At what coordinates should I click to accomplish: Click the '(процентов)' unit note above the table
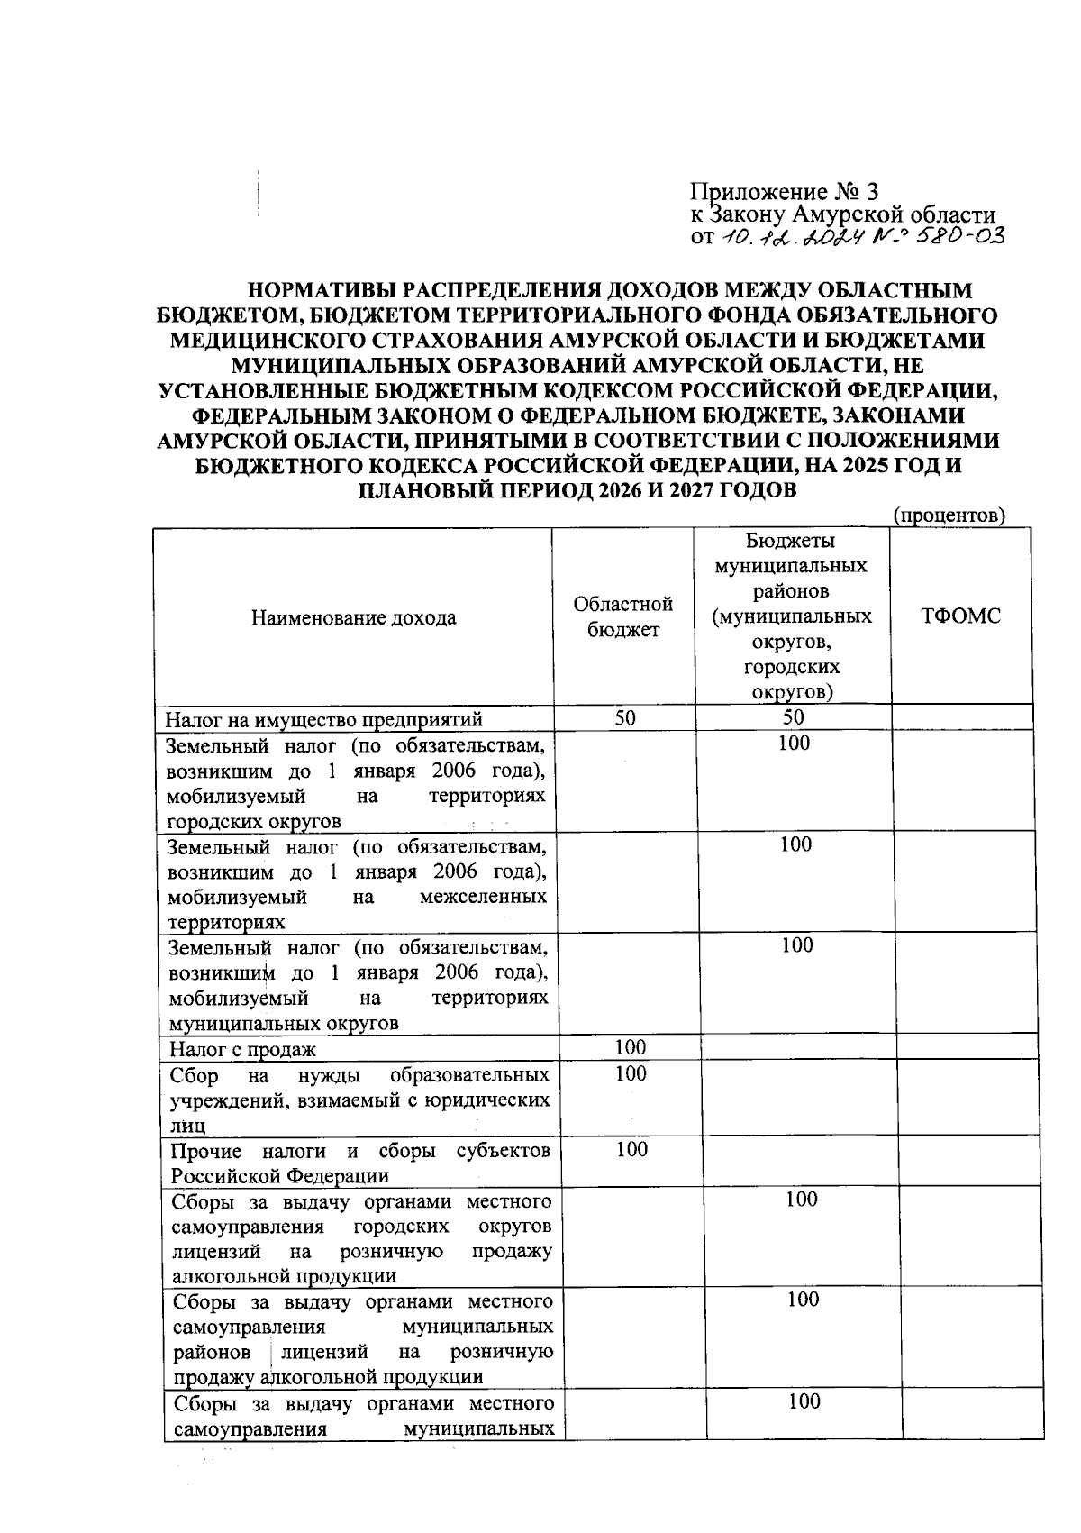pos(948,516)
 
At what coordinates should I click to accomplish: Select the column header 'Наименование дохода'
pos(353,617)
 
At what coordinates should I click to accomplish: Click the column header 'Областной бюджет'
pos(623,617)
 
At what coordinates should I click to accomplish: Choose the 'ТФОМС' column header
pos(960,617)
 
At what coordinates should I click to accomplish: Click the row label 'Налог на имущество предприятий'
pos(324,719)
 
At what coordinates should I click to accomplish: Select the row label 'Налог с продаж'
pos(243,1049)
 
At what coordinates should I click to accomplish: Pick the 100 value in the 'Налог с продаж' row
pos(630,1047)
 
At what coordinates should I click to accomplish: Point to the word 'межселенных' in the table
pos(483,898)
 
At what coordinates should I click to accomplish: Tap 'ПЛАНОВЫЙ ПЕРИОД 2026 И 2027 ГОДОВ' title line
pos(577,491)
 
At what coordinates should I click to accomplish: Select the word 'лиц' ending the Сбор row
pos(188,1126)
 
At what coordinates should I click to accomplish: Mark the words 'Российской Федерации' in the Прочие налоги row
pos(280,1176)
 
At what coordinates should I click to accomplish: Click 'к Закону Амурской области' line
pos(842,215)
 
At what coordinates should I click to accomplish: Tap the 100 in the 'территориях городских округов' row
pos(794,744)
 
